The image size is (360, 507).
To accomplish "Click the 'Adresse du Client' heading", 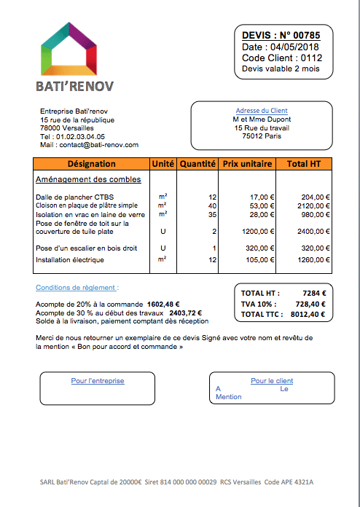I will [262, 111].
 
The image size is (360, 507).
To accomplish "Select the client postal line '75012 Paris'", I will [262, 135].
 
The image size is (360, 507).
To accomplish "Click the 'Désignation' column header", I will [91, 164].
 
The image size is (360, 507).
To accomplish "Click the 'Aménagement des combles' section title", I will [88, 179].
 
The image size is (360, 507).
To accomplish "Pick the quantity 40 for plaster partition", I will [212, 205].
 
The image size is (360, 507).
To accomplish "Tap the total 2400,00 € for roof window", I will [313, 231].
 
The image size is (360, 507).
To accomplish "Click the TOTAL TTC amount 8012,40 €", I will [308, 314].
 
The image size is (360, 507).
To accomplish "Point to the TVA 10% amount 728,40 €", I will [310, 304].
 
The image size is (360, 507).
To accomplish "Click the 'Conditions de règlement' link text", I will [77, 288].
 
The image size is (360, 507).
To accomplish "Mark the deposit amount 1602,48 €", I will [163, 304].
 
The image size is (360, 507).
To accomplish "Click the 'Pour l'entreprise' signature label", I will [98, 380].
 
